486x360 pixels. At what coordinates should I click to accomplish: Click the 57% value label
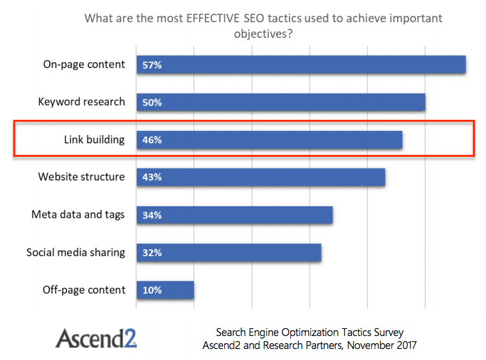coord(152,65)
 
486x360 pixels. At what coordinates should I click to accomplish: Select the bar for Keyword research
coord(281,102)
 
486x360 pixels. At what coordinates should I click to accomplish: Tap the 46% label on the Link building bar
coord(152,139)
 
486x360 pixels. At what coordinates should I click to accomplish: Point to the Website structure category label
coord(82,176)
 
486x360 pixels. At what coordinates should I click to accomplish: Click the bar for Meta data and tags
coord(235,215)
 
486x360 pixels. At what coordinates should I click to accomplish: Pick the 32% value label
coord(152,252)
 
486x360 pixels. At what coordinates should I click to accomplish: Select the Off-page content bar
coord(165,290)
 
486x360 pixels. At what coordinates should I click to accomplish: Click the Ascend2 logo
coord(96,339)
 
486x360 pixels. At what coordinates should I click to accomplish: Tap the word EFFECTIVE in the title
coord(213,18)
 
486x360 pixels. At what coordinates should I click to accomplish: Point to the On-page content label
coord(84,64)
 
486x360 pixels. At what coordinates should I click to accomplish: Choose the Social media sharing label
coord(76,252)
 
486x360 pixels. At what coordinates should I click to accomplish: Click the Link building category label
coord(94,139)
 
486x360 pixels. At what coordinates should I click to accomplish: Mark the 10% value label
coord(152,290)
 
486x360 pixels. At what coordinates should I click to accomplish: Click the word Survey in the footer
coord(389,332)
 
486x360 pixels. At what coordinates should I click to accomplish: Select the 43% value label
coord(152,177)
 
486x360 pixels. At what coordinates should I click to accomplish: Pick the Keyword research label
coord(82,102)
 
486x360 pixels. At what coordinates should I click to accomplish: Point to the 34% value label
coord(152,215)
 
